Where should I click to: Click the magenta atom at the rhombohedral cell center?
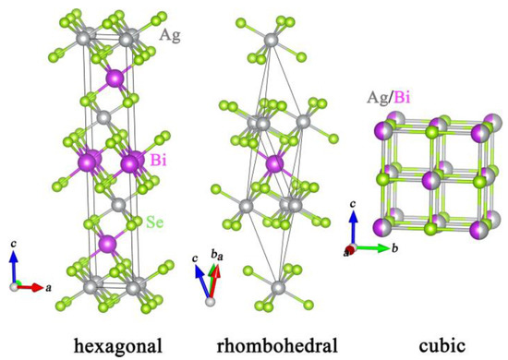273,165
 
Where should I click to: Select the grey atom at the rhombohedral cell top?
271,41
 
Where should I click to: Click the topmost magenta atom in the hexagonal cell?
115,79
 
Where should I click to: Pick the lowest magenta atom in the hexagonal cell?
108,244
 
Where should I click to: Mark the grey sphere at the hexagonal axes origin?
13,287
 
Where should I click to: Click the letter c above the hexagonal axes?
14,243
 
